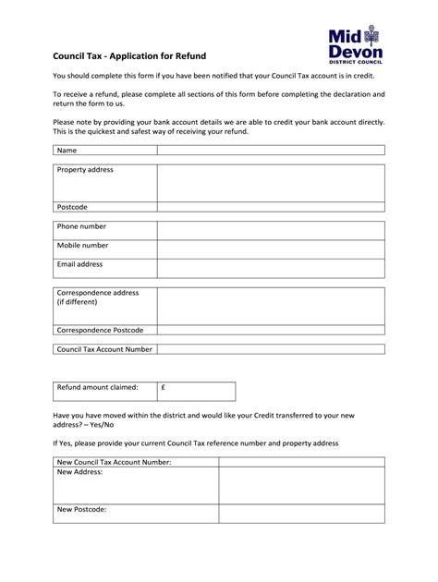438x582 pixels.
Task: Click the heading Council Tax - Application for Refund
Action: pyautogui.click(x=128, y=55)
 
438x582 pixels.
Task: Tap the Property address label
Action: pyautogui.click(x=85, y=171)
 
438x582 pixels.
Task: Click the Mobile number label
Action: pyautogui.click(x=82, y=246)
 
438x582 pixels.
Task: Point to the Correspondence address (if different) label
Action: pyautogui.click(x=97, y=297)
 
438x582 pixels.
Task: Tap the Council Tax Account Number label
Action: pyautogui.click(x=103, y=349)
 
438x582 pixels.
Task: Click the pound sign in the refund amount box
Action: pyautogui.click(x=163, y=388)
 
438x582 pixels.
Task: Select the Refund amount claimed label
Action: pyautogui.click(x=97, y=388)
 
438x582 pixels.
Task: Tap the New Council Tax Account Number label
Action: pyautogui.click(x=114, y=462)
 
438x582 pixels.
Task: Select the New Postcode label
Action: pyautogui.click(x=81, y=509)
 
